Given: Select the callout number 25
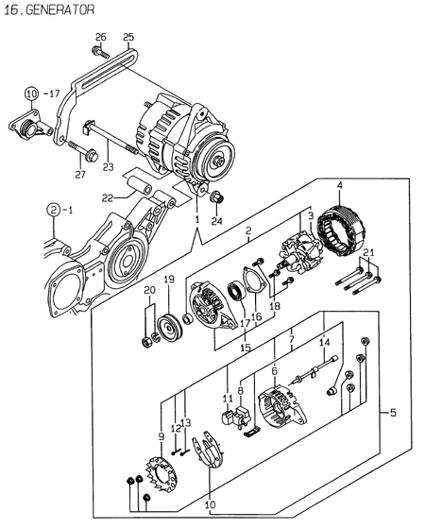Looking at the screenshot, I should (128, 37).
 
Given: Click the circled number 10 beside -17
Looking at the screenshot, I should (31, 94).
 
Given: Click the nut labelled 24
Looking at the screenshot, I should (216, 198).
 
